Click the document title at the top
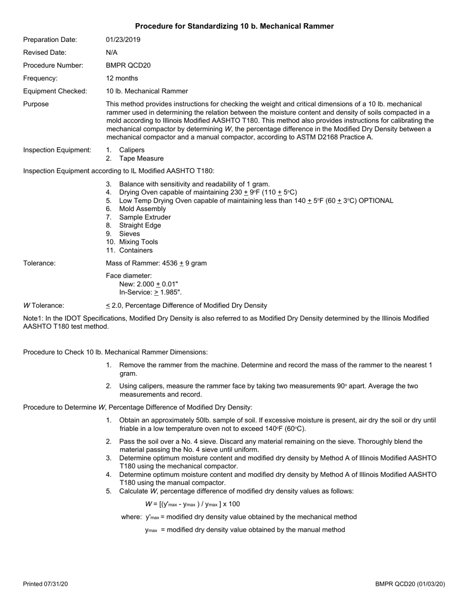(234, 26)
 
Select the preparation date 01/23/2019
(123, 39)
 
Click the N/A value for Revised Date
(112, 52)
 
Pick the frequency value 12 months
(122, 78)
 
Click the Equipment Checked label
(55, 91)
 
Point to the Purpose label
(36, 104)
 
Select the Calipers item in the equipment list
(132, 150)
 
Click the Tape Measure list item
(141, 158)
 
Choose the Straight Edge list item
(140, 226)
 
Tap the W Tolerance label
(43, 305)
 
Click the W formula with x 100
(193, 504)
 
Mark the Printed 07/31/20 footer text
(45, 584)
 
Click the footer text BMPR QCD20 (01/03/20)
(410, 584)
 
